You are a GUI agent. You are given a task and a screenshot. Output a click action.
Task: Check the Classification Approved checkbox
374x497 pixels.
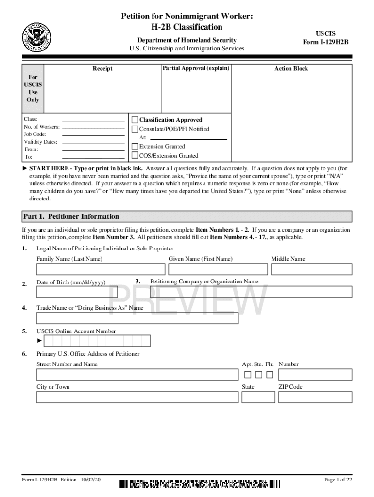pos(135,120)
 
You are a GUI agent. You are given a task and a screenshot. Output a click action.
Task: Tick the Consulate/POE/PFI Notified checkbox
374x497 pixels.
pos(135,129)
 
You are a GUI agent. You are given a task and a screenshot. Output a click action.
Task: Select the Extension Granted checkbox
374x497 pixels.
pos(135,146)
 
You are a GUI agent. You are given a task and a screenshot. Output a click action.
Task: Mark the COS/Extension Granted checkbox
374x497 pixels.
pos(135,156)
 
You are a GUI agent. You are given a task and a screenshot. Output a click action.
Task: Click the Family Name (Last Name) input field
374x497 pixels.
pos(101,269)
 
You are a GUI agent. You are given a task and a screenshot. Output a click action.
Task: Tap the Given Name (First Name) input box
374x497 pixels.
pos(218,269)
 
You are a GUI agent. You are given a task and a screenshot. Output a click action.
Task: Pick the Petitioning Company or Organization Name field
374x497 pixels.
pos(251,292)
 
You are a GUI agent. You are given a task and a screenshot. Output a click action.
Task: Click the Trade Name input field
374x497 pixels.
pos(137,318)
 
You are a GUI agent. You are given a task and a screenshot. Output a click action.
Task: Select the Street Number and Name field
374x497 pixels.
pos(137,375)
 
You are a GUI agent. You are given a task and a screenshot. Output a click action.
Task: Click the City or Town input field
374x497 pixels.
pos(137,397)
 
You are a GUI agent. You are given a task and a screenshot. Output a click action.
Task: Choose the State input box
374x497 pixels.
pos(258,397)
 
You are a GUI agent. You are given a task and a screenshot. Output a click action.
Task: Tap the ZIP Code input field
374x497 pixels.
pos(315,397)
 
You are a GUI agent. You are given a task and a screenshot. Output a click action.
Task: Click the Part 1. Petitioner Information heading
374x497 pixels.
pos(71,216)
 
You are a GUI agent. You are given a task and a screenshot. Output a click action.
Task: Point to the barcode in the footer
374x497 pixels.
pos(200,483)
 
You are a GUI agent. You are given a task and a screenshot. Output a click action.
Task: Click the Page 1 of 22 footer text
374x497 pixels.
pos(338,480)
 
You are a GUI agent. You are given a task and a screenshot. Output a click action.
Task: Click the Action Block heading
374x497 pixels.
pos(291,69)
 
